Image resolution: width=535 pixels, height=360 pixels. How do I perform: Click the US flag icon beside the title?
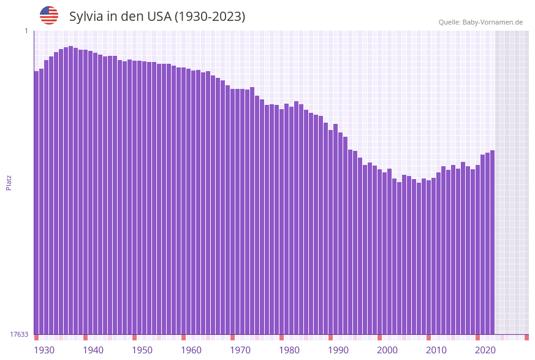click(x=49, y=15)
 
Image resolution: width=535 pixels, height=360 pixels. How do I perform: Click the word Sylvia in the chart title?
click(x=86, y=17)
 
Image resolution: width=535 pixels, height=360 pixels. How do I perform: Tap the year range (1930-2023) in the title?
click(x=210, y=17)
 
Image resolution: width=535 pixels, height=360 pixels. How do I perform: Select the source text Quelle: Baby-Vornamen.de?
click(x=480, y=22)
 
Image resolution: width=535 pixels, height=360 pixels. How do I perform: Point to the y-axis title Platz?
click(x=9, y=182)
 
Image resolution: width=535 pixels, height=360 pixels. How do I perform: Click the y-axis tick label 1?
click(x=26, y=31)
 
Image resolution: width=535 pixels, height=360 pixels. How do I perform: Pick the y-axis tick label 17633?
click(x=19, y=334)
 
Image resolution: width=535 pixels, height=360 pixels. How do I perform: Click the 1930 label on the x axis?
click(x=44, y=350)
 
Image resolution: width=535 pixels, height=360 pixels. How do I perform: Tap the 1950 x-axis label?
click(x=142, y=350)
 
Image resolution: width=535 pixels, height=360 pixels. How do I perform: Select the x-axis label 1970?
click(x=240, y=350)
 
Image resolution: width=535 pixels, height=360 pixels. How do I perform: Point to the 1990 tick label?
click(x=338, y=350)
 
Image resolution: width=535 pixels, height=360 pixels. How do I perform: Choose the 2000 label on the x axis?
click(x=387, y=350)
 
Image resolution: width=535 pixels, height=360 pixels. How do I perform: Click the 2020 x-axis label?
click(x=485, y=350)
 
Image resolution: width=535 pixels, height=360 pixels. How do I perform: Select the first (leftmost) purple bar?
click(x=37, y=202)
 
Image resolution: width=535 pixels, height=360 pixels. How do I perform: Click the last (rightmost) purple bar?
click(x=492, y=242)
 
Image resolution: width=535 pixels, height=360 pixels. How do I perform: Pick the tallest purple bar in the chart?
click(x=71, y=190)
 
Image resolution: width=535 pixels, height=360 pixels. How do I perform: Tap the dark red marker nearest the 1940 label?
click(x=86, y=337)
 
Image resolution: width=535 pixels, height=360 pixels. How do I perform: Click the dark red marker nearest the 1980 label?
click(x=282, y=337)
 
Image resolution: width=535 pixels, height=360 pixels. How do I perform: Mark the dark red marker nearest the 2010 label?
click(x=429, y=337)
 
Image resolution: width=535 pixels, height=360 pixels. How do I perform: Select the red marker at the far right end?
click(x=526, y=337)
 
